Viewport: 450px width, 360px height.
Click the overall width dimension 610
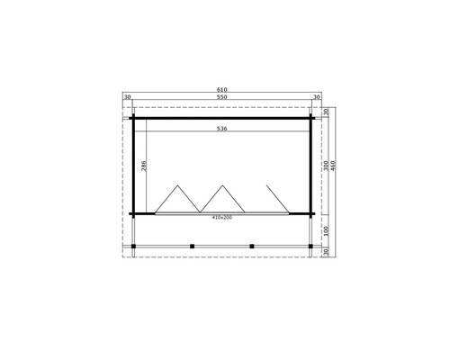pos(221,90)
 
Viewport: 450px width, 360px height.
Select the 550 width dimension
pos(221,97)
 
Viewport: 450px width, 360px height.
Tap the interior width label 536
pos(221,129)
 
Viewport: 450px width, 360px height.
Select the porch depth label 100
pos(325,229)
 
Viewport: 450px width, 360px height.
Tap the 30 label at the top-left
pos(127,97)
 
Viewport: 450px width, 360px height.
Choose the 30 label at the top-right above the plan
pos(317,97)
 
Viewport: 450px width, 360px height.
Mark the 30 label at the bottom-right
pos(325,252)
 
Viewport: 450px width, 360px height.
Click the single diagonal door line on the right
pos(277,198)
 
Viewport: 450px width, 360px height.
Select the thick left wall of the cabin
pos(134,166)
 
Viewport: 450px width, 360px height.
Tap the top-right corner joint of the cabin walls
pos(311,117)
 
